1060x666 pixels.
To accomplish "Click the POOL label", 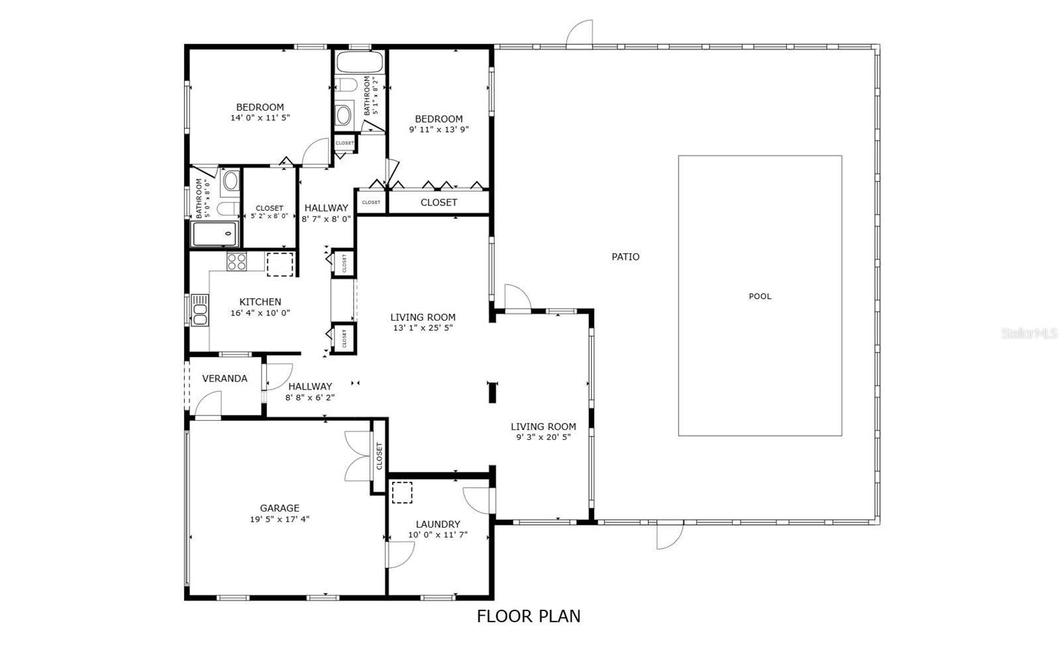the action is point(759,296).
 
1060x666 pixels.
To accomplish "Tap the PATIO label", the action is point(625,256).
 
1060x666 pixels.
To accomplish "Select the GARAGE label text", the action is point(279,508).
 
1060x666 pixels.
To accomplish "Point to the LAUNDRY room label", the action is point(438,524).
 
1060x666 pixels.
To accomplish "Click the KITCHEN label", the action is point(260,302).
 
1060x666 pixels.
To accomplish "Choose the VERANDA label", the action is point(225,378).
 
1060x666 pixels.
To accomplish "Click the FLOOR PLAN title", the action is point(528,616).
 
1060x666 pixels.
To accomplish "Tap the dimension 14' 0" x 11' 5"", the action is point(260,117).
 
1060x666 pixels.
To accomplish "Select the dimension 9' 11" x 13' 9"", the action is point(439,129).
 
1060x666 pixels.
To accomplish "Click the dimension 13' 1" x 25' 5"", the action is point(423,327).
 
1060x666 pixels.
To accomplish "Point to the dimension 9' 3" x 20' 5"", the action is point(543,437).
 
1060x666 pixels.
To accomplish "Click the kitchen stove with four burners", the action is point(237,261).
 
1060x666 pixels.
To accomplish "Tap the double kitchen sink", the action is point(199,310).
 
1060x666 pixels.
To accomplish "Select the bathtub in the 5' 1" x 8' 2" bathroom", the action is point(360,62).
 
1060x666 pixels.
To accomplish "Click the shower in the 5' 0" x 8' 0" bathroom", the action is point(215,235).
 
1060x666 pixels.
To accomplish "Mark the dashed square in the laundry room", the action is point(401,492).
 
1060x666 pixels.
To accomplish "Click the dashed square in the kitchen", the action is point(280,264).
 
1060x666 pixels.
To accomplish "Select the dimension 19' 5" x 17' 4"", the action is point(279,519).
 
